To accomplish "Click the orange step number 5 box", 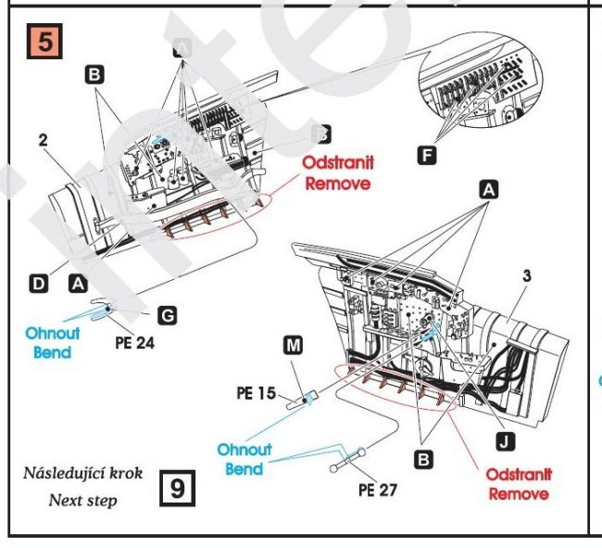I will (x=45, y=44).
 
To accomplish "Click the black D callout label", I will (x=38, y=285).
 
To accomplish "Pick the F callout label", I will (x=426, y=156).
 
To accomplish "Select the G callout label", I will (x=167, y=316).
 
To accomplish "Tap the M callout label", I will (x=293, y=346).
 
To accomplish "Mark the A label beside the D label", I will (x=79, y=285).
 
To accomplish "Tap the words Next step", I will (x=84, y=500).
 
